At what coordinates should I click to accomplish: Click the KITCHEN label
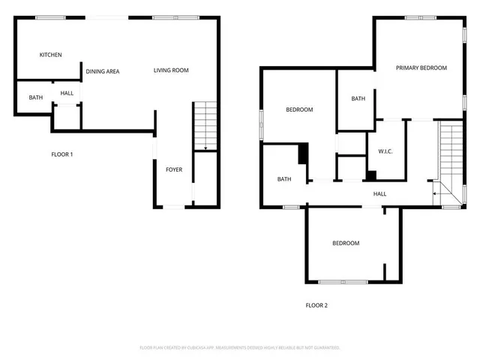(50, 55)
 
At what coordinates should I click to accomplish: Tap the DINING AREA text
(103, 71)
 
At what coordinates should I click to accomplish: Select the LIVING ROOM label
(171, 70)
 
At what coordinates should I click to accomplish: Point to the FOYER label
(174, 169)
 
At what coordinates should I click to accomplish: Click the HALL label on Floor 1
(67, 93)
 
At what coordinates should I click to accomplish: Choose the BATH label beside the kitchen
(35, 97)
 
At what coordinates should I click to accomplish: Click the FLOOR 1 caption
(61, 154)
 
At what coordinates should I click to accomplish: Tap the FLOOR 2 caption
(316, 305)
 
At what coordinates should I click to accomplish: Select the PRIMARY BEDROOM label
(421, 68)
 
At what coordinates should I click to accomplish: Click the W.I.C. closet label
(385, 151)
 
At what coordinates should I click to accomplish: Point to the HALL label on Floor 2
(380, 193)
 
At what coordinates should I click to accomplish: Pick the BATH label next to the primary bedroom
(358, 98)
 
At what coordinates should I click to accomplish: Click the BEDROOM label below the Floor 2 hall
(346, 243)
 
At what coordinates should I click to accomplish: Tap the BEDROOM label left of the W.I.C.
(299, 110)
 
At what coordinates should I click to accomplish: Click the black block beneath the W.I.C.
(370, 176)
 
